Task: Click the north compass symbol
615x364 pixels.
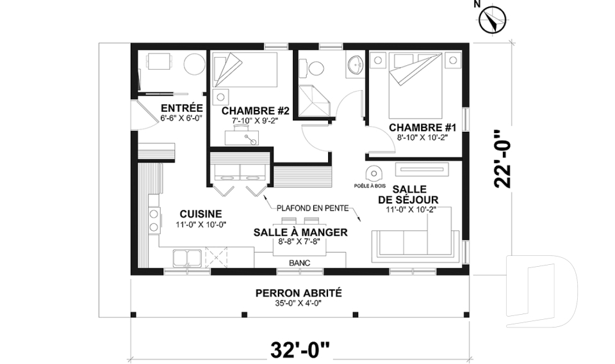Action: [x=492, y=20]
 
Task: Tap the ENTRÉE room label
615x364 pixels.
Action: [x=182, y=108]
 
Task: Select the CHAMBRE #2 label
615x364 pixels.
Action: [x=255, y=111]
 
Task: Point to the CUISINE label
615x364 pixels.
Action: [x=201, y=214]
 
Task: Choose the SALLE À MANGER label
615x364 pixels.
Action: [x=300, y=232]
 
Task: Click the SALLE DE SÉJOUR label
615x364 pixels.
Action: [x=411, y=194]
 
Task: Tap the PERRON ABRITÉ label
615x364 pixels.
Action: [x=298, y=293]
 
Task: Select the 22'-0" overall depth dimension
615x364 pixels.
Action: [x=505, y=159]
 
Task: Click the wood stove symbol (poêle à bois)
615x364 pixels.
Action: [x=373, y=173]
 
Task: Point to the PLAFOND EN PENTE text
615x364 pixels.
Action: [x=312, y=208]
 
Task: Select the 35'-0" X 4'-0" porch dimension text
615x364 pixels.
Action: [x=298, y=303]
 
